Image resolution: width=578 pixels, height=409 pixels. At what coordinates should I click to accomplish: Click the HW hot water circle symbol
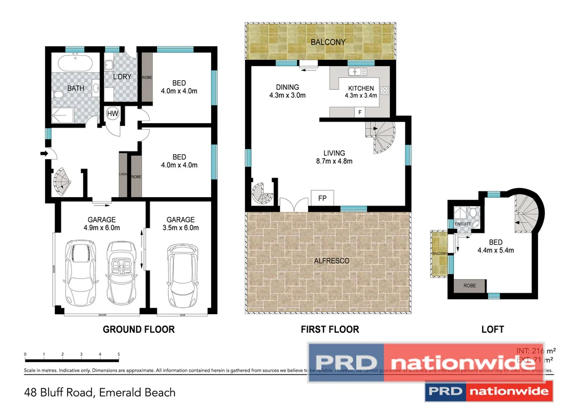[112, 114]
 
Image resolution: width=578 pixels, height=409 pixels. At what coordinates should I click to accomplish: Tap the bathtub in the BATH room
[76, 63]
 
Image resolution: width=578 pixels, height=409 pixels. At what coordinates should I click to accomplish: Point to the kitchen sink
[357, 72]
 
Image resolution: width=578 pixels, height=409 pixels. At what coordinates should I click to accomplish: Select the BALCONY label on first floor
[328, 42]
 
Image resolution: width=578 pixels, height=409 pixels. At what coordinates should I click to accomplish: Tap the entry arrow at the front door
[44, 153]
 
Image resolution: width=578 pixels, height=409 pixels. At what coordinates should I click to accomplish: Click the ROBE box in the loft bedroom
[470, 286]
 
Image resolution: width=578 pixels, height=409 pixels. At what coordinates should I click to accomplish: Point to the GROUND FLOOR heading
[138, 329]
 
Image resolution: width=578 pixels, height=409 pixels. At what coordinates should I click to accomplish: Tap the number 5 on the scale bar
[119, 355]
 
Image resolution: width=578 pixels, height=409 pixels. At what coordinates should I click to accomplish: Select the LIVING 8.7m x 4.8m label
[334, 157]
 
